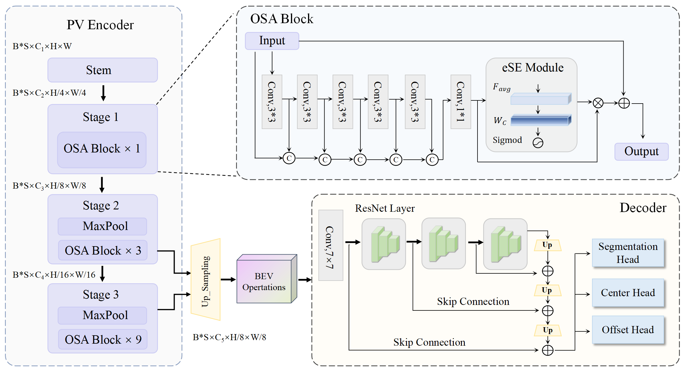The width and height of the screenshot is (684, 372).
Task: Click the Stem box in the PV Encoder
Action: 102,70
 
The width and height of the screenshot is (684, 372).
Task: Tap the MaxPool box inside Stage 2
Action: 102,226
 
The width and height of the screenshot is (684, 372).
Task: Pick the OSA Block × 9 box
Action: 103,339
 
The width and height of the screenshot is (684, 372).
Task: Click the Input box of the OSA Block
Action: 272,41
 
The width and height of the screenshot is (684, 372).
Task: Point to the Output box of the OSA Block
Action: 641,152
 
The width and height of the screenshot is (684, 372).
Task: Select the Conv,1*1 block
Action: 460,102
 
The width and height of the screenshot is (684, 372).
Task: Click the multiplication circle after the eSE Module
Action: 598,103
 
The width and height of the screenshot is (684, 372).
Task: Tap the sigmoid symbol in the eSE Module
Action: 538,143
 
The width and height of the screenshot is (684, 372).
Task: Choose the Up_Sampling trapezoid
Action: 206,279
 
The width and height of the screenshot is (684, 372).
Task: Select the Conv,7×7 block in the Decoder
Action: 330,245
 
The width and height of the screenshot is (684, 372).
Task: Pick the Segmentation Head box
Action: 628,253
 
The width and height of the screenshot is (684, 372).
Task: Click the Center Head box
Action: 628,293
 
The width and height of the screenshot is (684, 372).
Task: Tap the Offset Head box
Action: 628,330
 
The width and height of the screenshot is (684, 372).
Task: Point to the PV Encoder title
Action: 100,25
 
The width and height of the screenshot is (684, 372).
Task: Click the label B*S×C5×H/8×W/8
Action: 229,337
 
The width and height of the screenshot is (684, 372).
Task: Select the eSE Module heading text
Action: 532,68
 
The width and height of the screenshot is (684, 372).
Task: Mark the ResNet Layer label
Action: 385,208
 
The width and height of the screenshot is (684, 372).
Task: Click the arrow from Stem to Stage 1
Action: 103,93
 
